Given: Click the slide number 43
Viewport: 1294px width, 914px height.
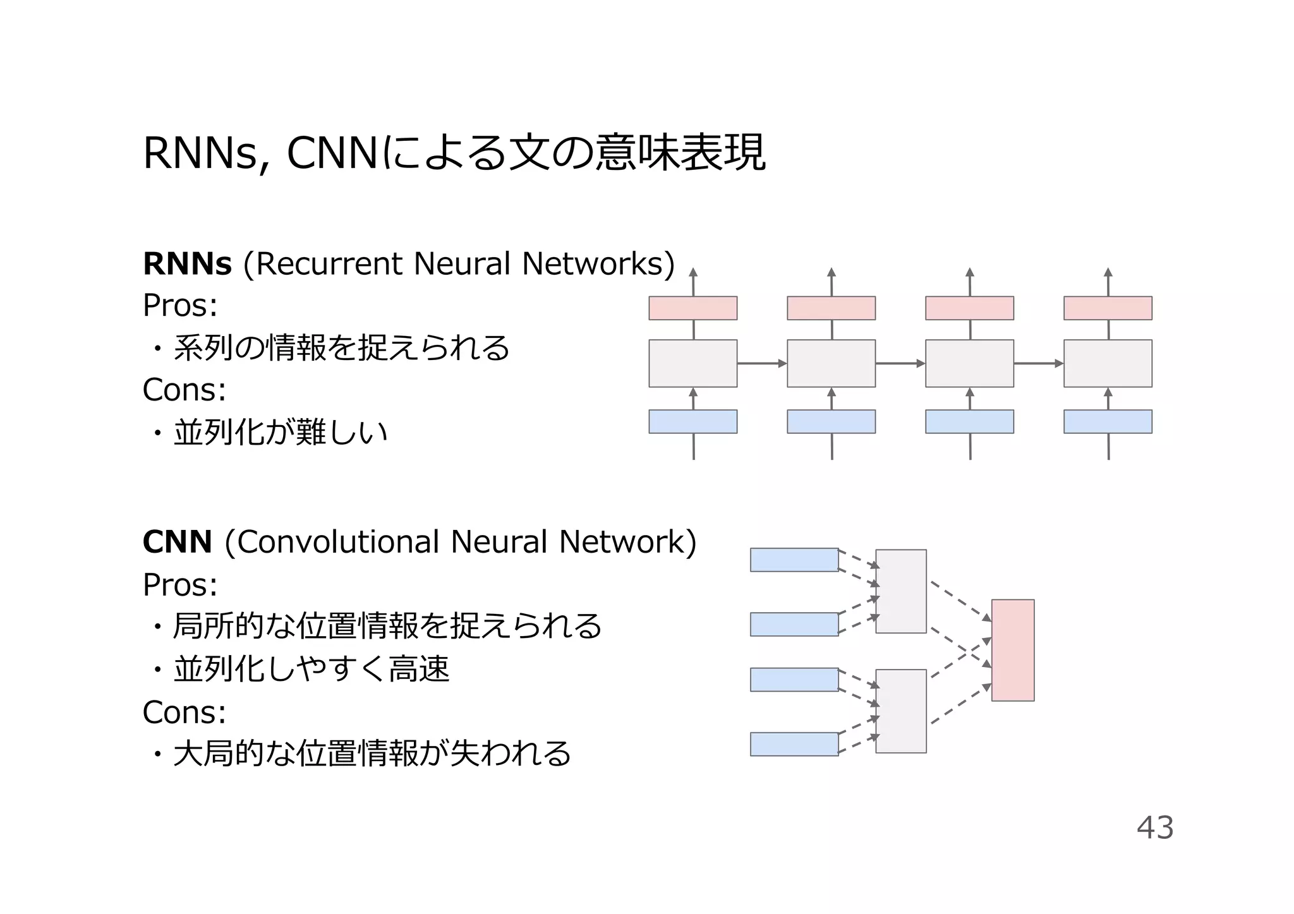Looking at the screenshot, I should coord(1154,827).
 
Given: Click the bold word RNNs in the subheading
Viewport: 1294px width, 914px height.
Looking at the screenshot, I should coord(187,264).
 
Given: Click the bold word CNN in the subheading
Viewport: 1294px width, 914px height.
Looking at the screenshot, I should coord(177,542).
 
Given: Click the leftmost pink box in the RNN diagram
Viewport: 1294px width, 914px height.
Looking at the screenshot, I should coord(692,308).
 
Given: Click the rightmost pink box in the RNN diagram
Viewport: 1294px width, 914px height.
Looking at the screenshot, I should coord(1107,308).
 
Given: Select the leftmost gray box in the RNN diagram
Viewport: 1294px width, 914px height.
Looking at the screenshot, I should coord(692,363).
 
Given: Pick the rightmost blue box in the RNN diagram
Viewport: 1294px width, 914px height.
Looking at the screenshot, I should coord(1107,421).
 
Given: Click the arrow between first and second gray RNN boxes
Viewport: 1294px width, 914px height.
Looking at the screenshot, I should coord(761,363).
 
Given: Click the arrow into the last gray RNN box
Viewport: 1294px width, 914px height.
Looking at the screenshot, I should coord(1038,363).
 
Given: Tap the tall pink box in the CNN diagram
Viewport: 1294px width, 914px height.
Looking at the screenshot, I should coord(1012,650).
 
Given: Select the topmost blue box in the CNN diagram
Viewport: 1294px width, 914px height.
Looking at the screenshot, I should coord(794,560).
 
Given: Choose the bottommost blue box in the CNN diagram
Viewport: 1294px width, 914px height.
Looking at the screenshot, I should coord(794,744).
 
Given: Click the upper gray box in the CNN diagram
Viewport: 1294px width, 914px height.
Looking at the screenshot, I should coord(900,591).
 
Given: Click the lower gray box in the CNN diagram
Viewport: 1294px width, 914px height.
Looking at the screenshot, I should coord(900,711).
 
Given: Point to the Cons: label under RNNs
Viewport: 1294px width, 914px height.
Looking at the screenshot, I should coord(184,390).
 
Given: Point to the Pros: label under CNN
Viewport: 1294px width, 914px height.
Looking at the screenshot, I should coord(180,585).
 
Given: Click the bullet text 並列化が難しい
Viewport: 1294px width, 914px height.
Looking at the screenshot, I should coord(280,433).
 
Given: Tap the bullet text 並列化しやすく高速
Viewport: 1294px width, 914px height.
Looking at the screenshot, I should coord(311,670).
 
